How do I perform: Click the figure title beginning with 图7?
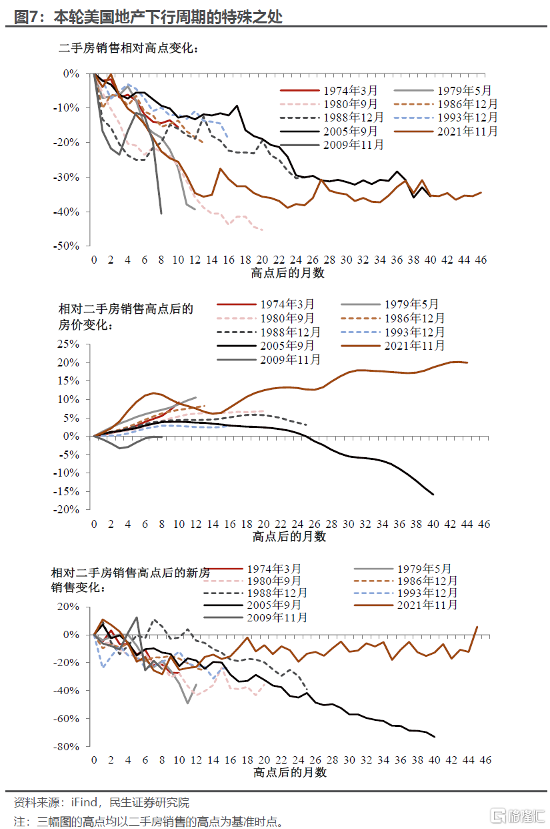(x=147, y=17)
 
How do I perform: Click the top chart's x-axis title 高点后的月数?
(x=288, y=273)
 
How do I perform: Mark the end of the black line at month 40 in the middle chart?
(x=434, y=495)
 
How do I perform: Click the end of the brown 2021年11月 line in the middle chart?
(x=467, y=362)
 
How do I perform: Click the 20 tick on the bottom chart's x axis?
(x=265, y=760)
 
